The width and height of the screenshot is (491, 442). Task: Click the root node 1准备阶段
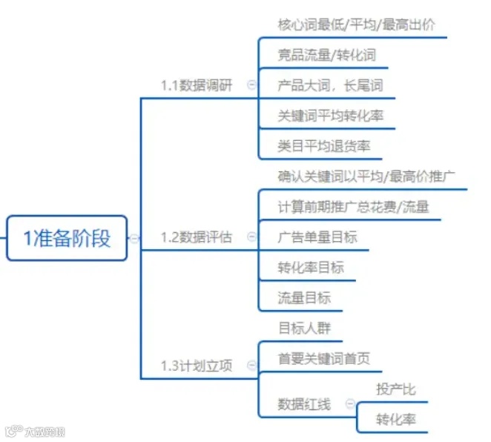[67, 238]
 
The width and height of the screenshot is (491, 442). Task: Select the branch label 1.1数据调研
[197, 85]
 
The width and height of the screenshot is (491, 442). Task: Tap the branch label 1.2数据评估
[197, 237]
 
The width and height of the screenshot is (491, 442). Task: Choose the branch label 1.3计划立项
[197, 366]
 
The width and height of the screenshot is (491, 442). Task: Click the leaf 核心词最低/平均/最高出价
[356, 24]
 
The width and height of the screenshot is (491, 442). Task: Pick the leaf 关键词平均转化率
[331, 116]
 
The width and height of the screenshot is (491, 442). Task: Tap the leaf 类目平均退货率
[324, 146]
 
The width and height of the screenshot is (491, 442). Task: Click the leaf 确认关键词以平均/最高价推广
[366, 177]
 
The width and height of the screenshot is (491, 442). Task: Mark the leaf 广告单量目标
[317, 237]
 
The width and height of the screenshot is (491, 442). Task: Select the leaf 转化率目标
[311, 268]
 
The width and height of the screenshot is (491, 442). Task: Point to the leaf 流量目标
[304, 298]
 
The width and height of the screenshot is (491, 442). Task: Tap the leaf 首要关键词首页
[324, 359]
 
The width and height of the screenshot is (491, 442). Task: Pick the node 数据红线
[304, 404]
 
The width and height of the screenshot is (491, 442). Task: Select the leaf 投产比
[396, 389]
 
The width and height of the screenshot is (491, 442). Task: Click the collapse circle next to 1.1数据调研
[251, 85]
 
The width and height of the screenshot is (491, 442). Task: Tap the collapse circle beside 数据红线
[346, 404]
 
